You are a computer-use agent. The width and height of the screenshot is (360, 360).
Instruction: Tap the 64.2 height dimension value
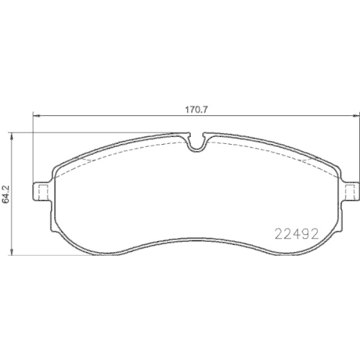(6, 194)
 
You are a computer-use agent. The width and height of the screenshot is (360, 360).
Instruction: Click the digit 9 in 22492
(305, 234)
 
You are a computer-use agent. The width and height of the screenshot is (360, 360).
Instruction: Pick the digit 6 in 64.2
(6, 201)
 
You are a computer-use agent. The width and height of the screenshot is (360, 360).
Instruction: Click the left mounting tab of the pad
(42, 191)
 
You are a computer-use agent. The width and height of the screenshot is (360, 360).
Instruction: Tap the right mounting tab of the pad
(352, 191)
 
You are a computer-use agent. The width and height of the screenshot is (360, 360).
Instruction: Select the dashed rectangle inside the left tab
(42, 191)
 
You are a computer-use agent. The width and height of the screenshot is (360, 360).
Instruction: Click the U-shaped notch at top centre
(196, 142)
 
